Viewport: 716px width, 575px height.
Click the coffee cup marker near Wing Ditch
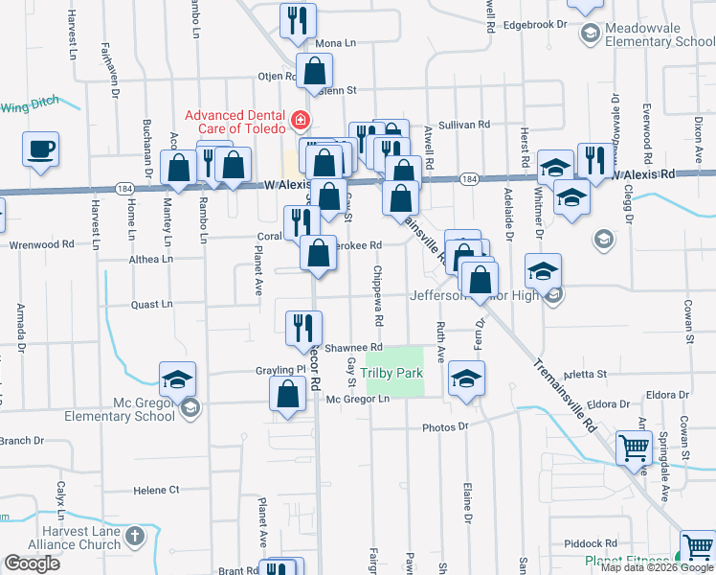[x=41, y=149]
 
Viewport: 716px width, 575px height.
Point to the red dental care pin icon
[x=301, y=120]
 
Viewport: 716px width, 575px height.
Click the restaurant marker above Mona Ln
[x=298, y=19]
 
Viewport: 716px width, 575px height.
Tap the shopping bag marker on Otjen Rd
[x=314, y=70]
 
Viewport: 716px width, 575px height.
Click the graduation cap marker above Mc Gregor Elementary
[x=177, y=379]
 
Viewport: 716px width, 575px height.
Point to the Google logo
[x=32, y=563]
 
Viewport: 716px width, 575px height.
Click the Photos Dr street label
[x=448, y=426]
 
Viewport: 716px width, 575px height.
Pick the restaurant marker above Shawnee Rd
[x=298, y=326]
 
